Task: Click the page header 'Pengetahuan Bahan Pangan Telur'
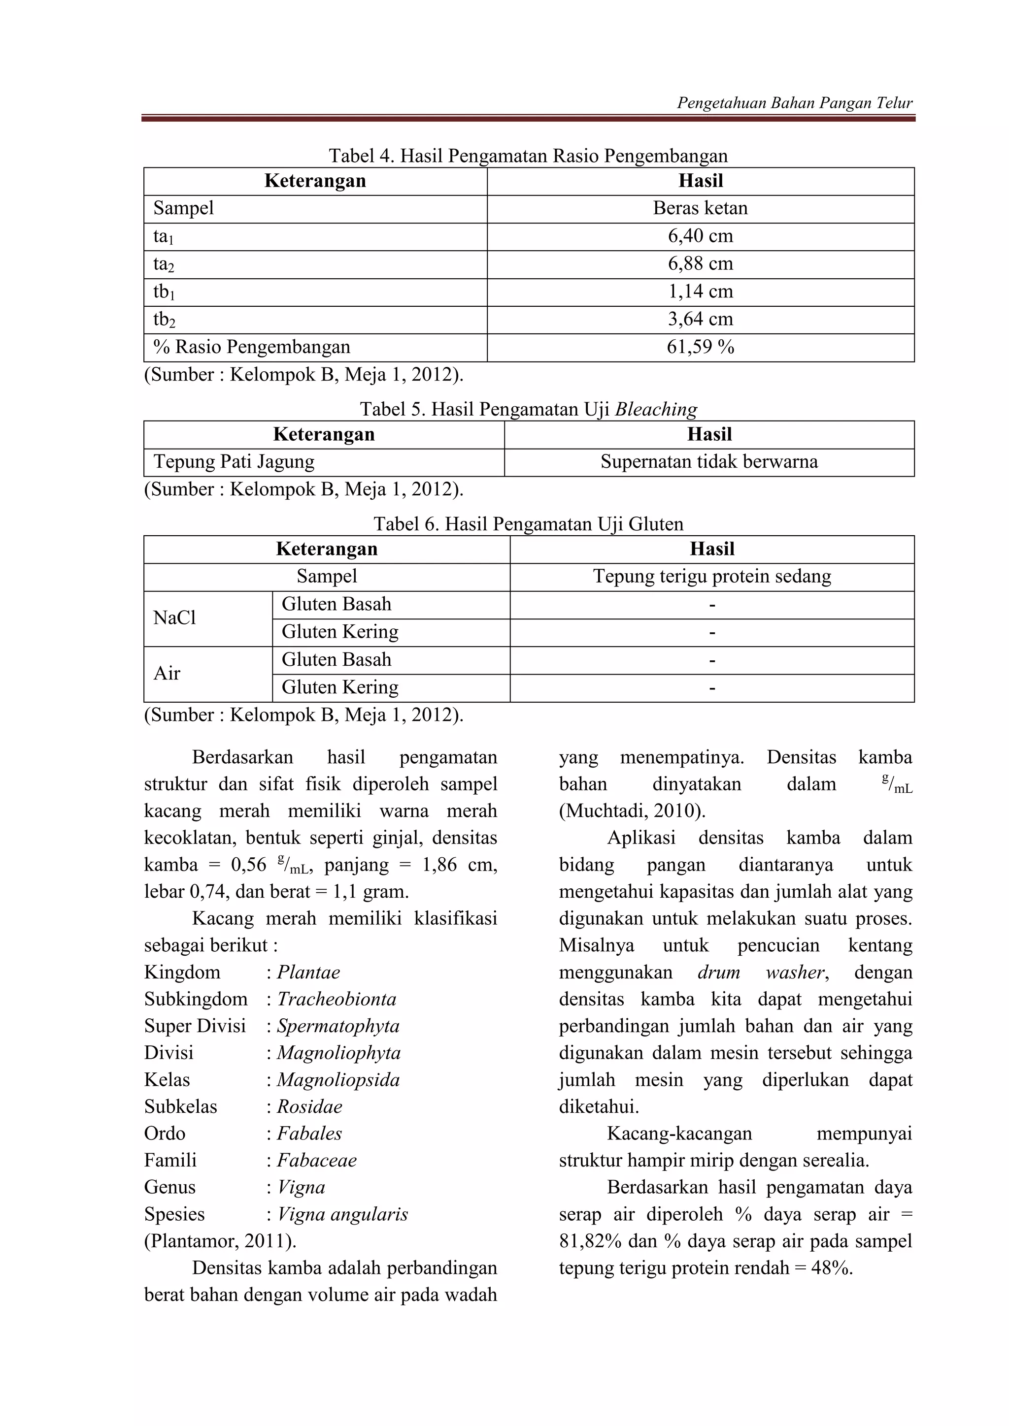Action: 794,102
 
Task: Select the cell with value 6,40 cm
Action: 700,236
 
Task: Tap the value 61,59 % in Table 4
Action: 700,347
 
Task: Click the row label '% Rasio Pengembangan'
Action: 252,347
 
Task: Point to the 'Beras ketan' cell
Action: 700,209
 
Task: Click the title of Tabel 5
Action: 528,409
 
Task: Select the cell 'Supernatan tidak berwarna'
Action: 709,462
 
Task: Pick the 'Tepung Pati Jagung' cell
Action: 234,462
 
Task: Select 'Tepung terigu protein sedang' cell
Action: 712,577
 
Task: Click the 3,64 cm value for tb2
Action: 700,319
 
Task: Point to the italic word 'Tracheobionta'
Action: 336,999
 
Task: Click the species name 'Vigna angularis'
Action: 342,1214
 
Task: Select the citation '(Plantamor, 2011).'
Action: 220,1241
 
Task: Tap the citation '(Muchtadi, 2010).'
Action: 632,811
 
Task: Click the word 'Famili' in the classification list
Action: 170,1160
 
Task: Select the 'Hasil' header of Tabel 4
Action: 700,181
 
